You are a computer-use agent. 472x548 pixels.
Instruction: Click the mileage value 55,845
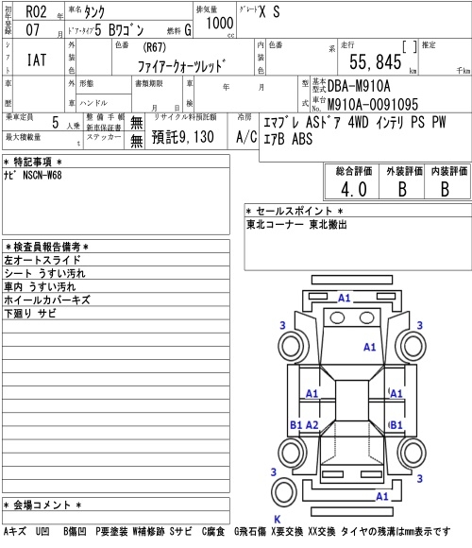point(376,62)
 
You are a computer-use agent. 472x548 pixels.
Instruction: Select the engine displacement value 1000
point(219,24)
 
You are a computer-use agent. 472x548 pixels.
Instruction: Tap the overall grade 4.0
point(354,190)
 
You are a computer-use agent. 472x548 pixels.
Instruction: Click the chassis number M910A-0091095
point(373,104)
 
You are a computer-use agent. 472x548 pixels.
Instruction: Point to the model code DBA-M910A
point(359,86)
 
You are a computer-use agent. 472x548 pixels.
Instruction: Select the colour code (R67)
point(154,47)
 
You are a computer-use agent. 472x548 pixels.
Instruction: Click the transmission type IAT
point(37,60)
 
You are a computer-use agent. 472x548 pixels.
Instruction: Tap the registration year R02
point(36,12)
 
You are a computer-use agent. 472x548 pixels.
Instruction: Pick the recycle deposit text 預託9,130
point(182,137)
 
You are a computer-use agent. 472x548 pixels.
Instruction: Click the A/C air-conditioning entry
point(246,137)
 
